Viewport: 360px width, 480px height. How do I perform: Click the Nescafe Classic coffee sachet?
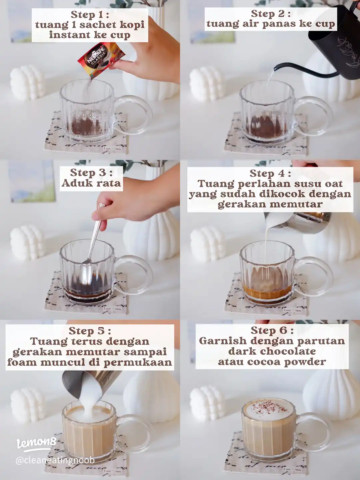point(99,60)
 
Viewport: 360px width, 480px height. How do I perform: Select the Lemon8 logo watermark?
point(36,444)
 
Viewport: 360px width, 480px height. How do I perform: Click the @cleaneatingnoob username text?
point(55,459)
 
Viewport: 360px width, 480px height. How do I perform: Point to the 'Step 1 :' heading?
point(90,15)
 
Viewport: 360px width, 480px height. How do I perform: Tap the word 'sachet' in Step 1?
point(97,25)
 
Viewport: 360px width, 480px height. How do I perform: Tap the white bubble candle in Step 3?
point(27,243)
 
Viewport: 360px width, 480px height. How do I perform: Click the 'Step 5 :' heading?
point(90,331)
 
